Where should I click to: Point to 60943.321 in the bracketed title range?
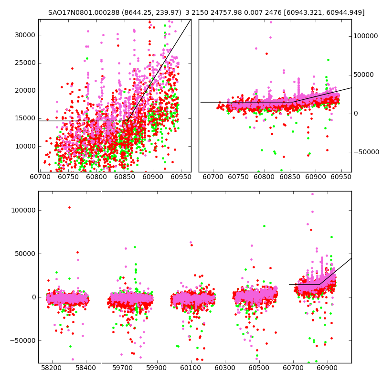305,12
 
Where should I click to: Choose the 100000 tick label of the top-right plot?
365,36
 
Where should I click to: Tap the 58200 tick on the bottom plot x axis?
52,369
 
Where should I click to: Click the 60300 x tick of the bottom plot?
225,369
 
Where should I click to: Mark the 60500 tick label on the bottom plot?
258,369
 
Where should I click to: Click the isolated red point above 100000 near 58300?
69,207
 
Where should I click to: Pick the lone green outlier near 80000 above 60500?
264,226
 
